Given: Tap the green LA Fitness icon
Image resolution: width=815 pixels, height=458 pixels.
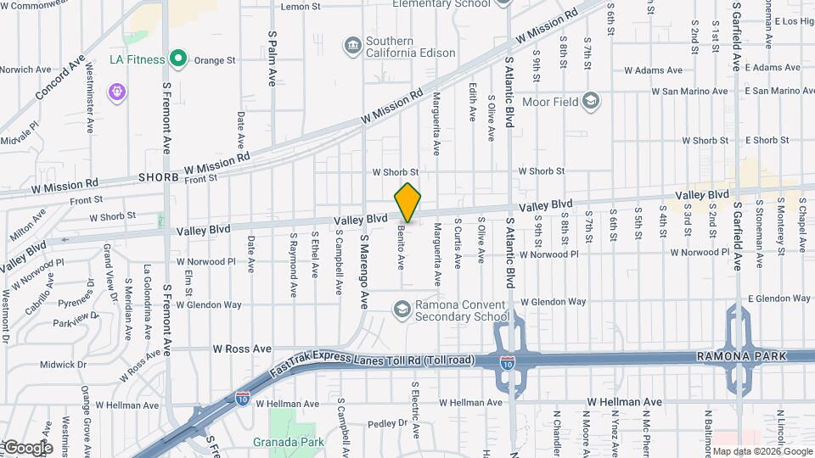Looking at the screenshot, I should click(177, 59).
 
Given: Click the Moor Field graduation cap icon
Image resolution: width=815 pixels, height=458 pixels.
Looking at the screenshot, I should click(592, 103).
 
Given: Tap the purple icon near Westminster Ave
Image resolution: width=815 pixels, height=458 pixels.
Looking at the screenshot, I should click(115, 91).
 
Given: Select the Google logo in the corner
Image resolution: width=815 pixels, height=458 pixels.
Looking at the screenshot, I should click(27, 447).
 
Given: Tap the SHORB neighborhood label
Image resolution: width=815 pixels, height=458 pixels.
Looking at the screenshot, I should click(159, 178).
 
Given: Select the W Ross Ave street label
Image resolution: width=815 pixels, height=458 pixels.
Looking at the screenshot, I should click(241, 349).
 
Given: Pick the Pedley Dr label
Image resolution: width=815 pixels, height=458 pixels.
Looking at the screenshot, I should click(389, 423).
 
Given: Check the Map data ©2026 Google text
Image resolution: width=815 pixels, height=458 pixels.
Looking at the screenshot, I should click(762, 451).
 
